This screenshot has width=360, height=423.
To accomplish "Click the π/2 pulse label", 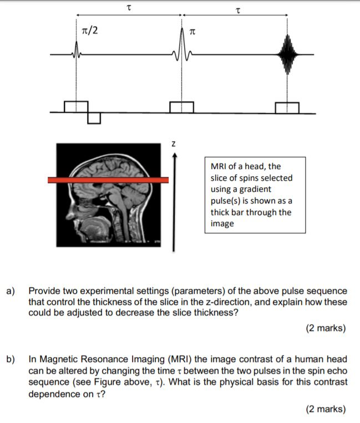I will tap(89, 30).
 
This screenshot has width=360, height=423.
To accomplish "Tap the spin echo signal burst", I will tap(287, 54).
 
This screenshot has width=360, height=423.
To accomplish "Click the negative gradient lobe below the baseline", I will tap(94, 118).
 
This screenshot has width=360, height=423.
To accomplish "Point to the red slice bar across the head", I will tap(108, 180).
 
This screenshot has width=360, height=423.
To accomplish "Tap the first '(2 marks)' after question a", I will tap(326, 328).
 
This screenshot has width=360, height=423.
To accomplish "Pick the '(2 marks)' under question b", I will tap(326, 409).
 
